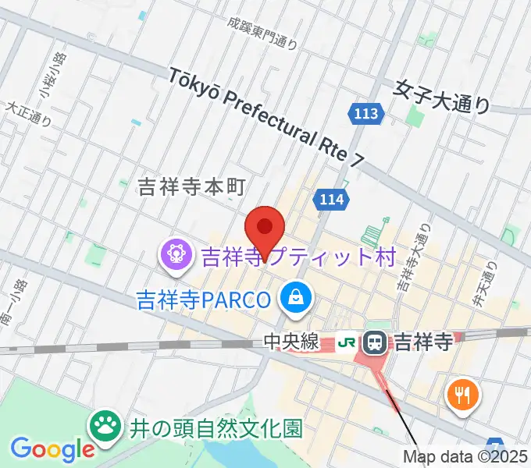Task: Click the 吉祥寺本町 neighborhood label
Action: coord(191,186)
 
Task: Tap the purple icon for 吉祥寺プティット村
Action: coord(176,254)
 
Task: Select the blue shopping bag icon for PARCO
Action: coord(298,296)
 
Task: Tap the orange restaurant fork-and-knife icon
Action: coord(462,395)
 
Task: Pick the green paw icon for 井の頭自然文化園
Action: coord(104,426)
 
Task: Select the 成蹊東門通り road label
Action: coord(264,34)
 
